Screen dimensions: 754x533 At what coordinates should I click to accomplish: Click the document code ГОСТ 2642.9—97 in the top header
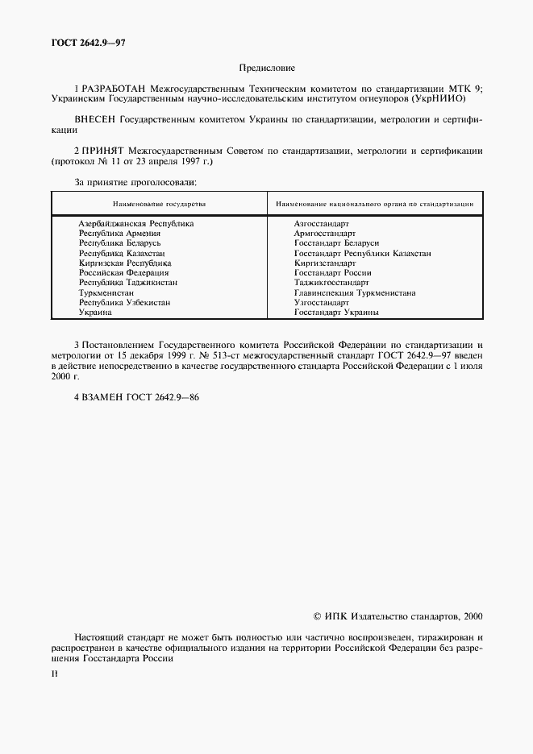[80, 41]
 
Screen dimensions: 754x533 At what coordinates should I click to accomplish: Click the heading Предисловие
[267, 69]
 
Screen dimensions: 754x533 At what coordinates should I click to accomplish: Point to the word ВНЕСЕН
[95, 119]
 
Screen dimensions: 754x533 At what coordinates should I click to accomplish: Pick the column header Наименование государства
[160, 204]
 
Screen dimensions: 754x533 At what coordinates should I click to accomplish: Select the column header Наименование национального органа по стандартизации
[374, 204]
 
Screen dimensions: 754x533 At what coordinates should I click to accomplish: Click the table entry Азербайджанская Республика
[136, 223]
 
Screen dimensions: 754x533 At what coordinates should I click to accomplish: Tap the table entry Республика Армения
[119, 233]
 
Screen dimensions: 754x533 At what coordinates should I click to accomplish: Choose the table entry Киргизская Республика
[125, 263]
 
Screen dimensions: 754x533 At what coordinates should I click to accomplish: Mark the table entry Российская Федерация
[123, 273]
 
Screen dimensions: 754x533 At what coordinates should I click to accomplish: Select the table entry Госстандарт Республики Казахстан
[362, 253]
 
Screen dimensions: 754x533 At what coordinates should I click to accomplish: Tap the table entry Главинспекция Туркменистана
[355, 292]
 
